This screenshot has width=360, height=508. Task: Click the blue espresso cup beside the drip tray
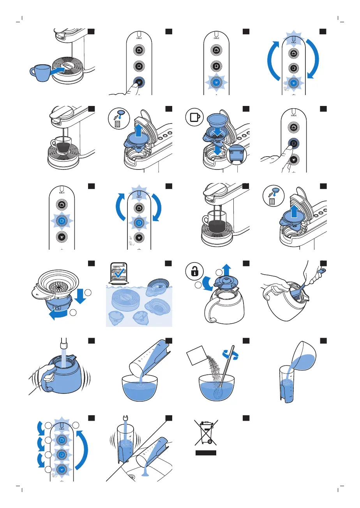click(x=40, y=72)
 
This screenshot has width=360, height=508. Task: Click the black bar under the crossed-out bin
click(x=206, y=453)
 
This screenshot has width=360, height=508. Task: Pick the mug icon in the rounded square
click(x=195, y=116)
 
